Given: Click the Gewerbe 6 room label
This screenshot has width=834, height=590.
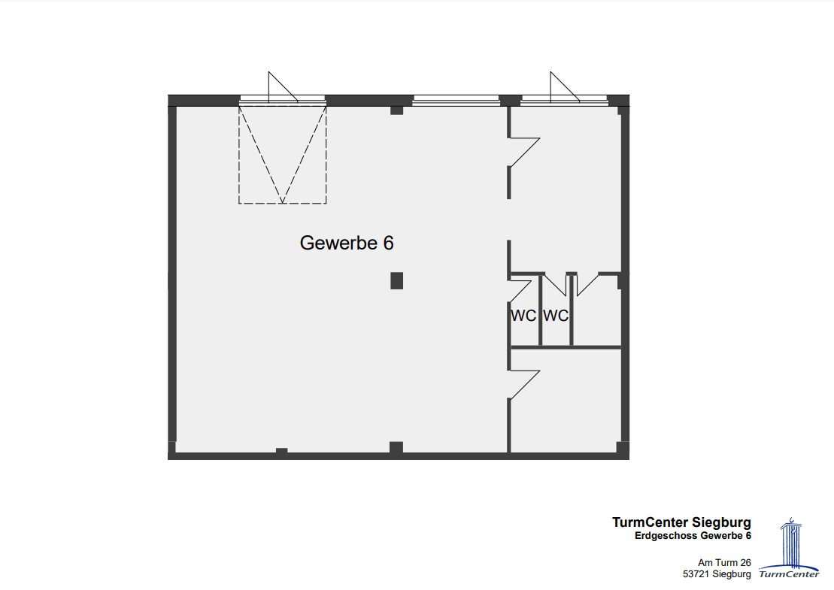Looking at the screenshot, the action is [x=346, y=243].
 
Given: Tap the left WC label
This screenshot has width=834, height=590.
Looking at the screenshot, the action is [x=523, y=316].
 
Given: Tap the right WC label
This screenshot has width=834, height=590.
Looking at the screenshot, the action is [x=556, y=316].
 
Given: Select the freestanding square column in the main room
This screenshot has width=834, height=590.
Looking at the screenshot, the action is [x=397, y=280].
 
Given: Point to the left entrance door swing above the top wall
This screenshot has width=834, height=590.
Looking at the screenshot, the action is [x=283, y=87].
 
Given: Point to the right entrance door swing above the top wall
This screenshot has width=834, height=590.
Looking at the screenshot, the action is [x=564, y=87].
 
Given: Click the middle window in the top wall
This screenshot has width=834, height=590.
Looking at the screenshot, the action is [x=456, y=100].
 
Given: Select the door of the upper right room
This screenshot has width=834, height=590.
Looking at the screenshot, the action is [x=524, y=153].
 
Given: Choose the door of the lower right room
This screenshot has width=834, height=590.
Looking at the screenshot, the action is [x=524, y=385].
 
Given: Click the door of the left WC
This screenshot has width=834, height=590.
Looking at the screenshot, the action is [x=521, y=292].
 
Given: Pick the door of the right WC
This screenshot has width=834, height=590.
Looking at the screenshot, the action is [x=556, y=285].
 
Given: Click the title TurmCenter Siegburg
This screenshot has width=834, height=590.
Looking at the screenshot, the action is [x=681, y=522].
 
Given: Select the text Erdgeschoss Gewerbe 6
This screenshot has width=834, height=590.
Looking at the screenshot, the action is [x=693, y=536].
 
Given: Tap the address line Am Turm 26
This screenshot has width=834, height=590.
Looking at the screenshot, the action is [x=724, y=562].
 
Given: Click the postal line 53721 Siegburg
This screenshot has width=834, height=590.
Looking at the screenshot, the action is [x=717, y=574].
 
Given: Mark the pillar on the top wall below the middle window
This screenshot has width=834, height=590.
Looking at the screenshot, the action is [x=397, y=110].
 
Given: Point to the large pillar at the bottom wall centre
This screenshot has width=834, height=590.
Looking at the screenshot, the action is [x=396, y=447].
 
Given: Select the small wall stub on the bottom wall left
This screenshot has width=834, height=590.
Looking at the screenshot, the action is [x=282, y=451].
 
